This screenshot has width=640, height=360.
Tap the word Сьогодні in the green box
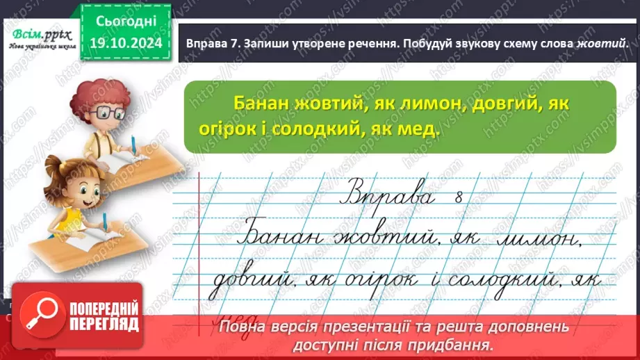click(122, 21)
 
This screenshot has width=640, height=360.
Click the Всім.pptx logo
click(40, 33)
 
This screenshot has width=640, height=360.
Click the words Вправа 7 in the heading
click(213, 43)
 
